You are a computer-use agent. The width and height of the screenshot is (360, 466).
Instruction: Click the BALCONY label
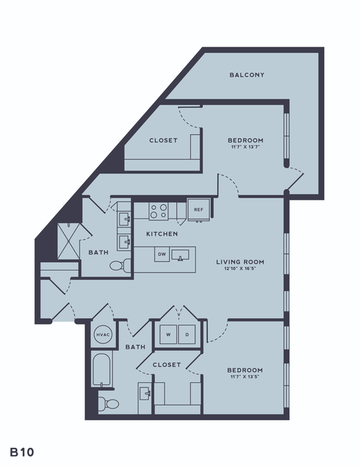(x=247, y=75)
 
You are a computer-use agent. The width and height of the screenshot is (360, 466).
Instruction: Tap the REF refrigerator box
(x=199, y=209)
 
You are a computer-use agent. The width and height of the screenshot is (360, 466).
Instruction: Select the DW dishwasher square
(x=162, y=254)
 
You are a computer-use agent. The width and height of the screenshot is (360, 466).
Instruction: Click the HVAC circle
(x=103, y=335)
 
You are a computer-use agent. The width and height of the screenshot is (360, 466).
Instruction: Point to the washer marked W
(x=168, y=335)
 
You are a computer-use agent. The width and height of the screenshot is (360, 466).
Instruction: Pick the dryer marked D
(x=187, y=335)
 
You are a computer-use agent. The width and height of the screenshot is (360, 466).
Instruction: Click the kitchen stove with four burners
(x=158, y=211)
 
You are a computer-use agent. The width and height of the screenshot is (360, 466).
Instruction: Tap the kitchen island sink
(x=180, y=255)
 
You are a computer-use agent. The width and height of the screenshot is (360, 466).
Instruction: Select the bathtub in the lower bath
(x=102, y=370)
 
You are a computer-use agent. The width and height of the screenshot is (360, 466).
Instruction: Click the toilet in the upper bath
(x=120, y=265)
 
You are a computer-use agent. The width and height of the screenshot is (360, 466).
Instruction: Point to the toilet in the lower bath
(x=109, y=403)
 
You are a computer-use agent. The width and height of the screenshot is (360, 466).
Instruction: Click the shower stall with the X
(x=69, y=241)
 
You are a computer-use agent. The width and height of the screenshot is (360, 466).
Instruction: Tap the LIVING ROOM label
(x=240, y=262)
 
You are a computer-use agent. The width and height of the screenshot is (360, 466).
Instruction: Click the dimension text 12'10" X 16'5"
(x=240, y=268)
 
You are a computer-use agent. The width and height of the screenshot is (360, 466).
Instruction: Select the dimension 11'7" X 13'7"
(x=246, y=147)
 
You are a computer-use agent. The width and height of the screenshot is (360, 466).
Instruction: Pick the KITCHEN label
(x=163, y=234)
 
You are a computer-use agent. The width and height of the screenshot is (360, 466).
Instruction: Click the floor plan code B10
(x=22, y=452)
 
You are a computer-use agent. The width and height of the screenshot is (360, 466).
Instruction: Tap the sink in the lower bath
(x=145, y=394)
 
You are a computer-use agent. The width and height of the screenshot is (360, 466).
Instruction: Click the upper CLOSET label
(x=163, y=140)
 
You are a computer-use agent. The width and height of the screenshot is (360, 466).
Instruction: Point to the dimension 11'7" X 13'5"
(x=245, y=377)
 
